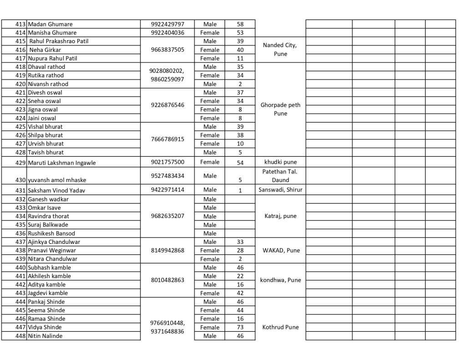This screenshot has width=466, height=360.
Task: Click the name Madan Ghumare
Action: click(x=50, y=24)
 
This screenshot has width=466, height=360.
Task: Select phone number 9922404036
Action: click(x=167, y=33)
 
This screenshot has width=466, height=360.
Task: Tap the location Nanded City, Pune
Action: click(x=280, y=49)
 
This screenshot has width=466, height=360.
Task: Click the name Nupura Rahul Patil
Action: click(x=52, y=58)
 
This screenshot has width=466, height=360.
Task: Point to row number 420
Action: click(x=20, y=84)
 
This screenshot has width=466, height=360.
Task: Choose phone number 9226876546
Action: click(x=167, y=105)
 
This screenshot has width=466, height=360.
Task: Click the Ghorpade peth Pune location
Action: click(x=280, y=109)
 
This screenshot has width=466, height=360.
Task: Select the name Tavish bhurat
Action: click(x=46, y=152)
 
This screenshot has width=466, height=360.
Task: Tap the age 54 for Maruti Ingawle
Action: click(x=240, y=162)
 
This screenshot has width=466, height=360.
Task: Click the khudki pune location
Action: click(x=280, y=162)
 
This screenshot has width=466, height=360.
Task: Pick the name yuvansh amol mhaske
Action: click(x=57, y=180)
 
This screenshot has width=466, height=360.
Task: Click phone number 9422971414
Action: click(x=167, y=190)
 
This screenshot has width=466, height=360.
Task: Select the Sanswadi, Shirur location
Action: click(x=280, y=190)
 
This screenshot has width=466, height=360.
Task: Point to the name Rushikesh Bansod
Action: click(x=51, y=233)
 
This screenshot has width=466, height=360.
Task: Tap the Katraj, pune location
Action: click(x=280, y=216)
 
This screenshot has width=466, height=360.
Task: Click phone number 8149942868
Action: click(x=167, y=250)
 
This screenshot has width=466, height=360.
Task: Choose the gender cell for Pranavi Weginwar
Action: click(x=210, y=250)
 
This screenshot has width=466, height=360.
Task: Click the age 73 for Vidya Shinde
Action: click(x=240, y=327)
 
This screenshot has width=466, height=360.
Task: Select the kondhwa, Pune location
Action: click(x=280, y=280)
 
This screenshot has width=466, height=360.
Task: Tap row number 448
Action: click(x=20, y=336)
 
